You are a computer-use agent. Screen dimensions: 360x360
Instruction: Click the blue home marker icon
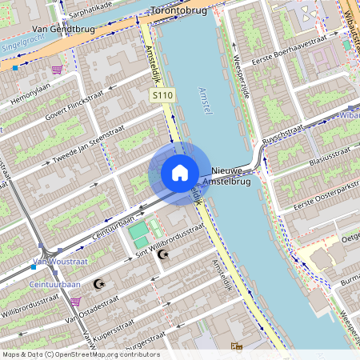click(x=179, y=173)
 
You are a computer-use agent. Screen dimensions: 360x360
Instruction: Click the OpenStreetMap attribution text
click(x=80, y=354)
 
